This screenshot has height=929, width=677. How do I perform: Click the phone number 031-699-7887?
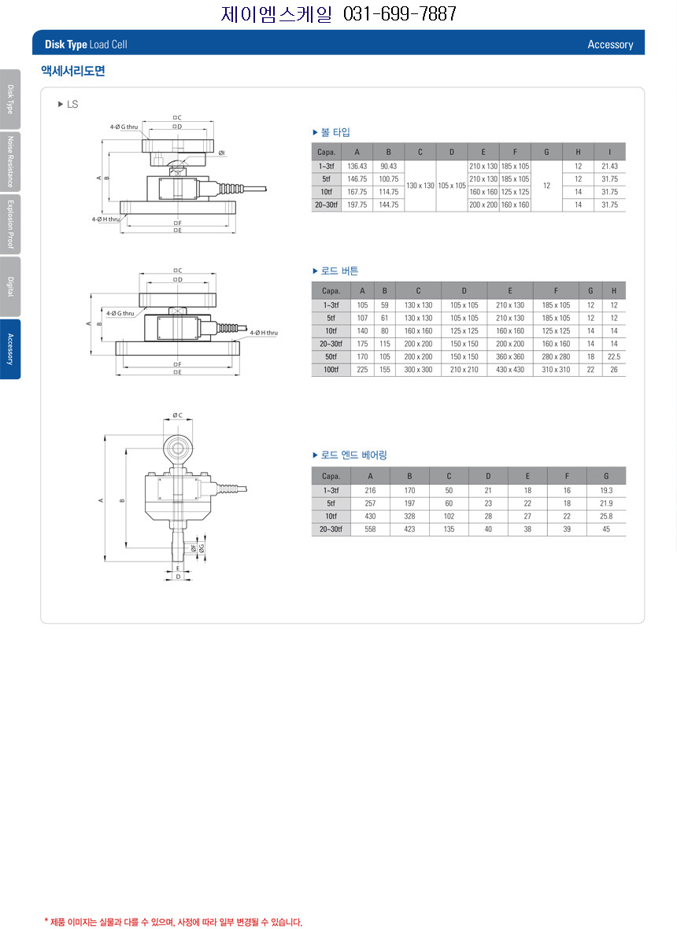tap(400, 13)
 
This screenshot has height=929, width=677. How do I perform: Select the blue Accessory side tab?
tap(10, 349)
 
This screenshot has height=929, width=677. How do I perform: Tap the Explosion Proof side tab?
tap(10, 224)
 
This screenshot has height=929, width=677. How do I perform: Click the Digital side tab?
tap(10, 287)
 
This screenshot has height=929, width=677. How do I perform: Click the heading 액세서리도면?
tap(73, 71)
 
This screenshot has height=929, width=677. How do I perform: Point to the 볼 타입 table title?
tap(335, 132)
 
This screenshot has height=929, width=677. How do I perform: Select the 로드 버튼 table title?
tap(340, 271)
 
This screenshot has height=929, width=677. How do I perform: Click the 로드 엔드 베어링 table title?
tap(354, 455)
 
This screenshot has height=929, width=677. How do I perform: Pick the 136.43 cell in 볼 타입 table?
tap(357, 167)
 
